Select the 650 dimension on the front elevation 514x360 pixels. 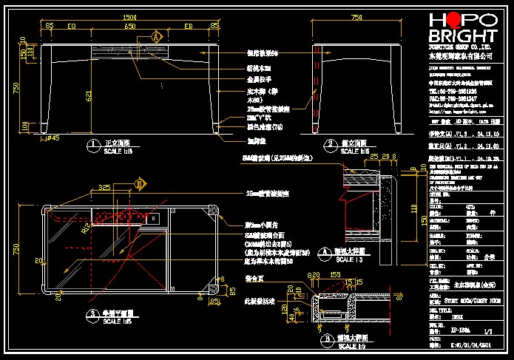(129, 26)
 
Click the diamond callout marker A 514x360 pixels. (158, 35)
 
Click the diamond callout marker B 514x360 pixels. (138, 182)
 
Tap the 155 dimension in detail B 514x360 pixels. (336, 274)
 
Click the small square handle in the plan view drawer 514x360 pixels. (154, 220)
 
